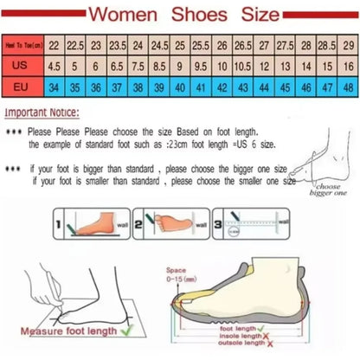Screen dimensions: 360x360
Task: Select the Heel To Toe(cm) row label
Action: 22,44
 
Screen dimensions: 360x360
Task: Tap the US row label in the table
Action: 22,65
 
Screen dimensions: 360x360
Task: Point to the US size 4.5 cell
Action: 54,65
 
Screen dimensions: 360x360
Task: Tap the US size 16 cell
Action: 346,65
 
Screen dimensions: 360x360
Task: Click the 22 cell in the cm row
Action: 54,44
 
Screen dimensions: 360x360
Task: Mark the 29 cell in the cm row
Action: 346,44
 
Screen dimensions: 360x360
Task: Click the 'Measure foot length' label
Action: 61,329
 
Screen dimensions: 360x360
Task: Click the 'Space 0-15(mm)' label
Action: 179,274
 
